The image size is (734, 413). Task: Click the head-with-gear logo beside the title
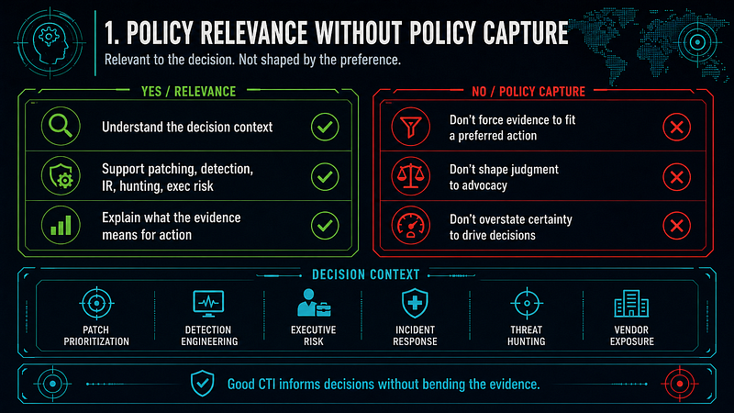50,43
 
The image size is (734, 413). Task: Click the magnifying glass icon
61,126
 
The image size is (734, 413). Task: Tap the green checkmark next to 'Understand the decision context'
325,127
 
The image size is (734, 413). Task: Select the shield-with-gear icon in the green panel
61,176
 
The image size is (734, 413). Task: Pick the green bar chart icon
61,225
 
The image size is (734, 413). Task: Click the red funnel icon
410,127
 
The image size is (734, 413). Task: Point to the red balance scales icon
410,176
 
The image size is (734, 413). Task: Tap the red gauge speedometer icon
410,225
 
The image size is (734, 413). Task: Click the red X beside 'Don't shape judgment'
676,177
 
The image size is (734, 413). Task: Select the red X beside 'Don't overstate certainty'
676,226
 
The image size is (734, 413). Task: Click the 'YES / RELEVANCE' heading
189,91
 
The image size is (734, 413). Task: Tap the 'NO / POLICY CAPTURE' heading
528,91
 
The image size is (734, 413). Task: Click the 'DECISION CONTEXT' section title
365,274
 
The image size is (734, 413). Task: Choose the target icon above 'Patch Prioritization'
96,304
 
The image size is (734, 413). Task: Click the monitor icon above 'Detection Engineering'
208,304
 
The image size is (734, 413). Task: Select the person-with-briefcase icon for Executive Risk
314,303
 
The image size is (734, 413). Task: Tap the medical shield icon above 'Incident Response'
415,304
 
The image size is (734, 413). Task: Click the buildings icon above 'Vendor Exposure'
631,304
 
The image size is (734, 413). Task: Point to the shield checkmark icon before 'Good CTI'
202,384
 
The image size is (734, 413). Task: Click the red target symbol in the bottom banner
680,384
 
